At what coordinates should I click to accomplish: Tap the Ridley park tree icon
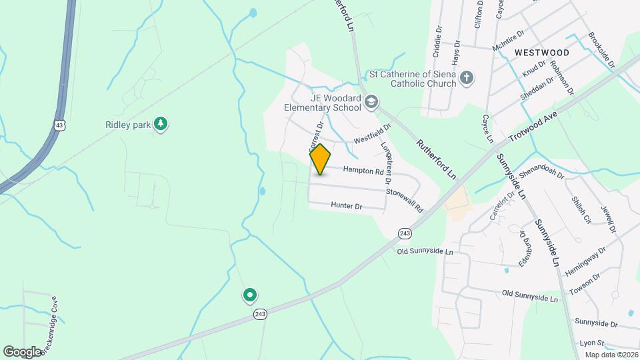(160, 124)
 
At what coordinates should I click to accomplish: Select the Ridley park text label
(128, 124)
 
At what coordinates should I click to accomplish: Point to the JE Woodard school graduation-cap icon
(371, 102)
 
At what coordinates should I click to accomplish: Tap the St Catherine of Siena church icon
(467, 78)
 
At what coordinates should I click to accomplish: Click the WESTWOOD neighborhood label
(542, 52)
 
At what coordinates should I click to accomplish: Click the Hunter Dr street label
(346, 207)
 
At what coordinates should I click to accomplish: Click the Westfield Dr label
(371, 136)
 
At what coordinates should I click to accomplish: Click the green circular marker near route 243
(250, 294)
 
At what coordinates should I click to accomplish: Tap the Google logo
(23, 351)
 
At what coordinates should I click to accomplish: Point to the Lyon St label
(592, 343)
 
